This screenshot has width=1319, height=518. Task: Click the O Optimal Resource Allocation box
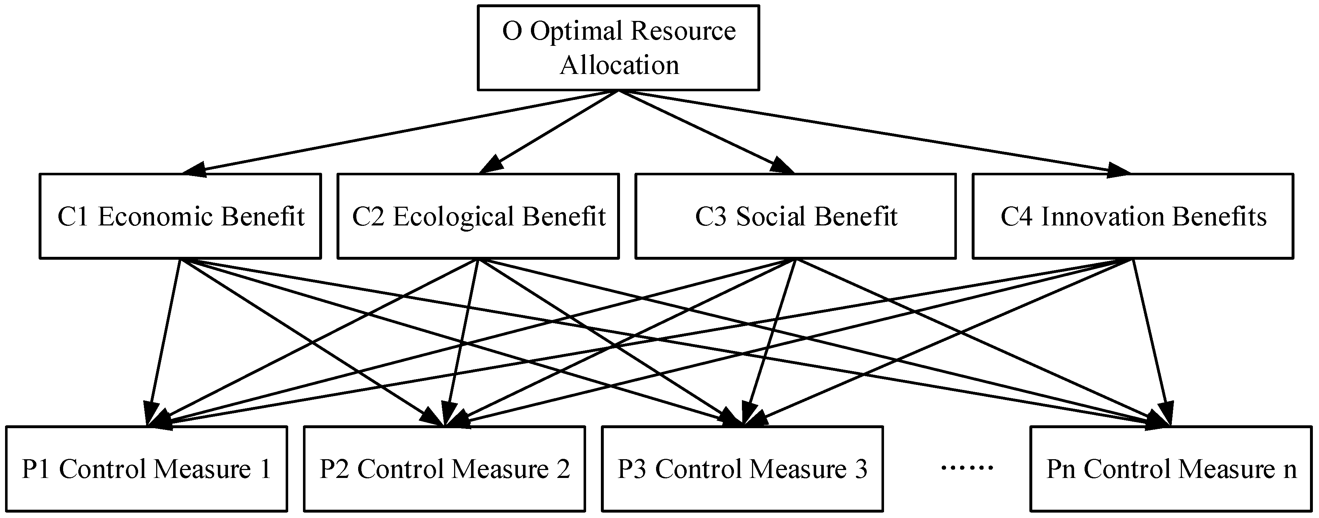coord(618,48)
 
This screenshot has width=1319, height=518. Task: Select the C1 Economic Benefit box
coord(180,216)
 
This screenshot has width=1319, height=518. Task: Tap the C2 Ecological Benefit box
coord(478,216)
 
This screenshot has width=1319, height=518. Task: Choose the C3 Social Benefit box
coord(795,216)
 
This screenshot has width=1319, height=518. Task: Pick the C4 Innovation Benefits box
coord(1133,216)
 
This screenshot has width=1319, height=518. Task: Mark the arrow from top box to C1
coord(399,132)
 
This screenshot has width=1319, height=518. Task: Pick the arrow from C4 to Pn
coord(1152,343)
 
